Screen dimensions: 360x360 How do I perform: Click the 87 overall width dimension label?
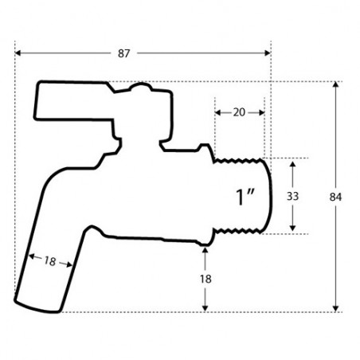(123, 53)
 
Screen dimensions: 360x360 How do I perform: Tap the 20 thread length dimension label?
(239, 112)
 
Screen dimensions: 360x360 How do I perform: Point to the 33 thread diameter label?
(293, 196)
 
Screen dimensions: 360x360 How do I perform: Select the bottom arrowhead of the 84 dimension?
(335, 307)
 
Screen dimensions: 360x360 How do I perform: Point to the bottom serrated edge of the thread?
(238, 233)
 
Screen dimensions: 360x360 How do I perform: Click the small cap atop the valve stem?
(140, 89)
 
